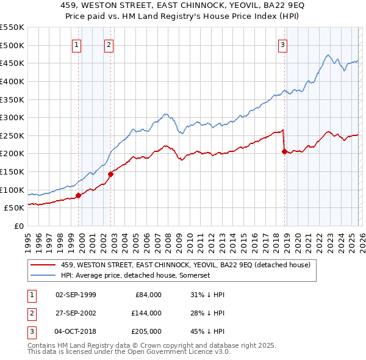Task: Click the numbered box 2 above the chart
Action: tap(109, 45)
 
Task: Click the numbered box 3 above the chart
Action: tap(283, 45)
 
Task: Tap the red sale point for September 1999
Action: tap(78, 195)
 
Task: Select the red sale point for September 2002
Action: tap(111, 174)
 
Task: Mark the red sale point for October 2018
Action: tap(284, 152)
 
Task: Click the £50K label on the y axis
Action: tap(14, 207)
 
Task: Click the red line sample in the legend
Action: tap(43, 265)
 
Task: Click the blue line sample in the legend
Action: tap(43, 275)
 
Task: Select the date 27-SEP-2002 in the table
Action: tap(76, 313)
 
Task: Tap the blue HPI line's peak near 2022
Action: tap(328, 56)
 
